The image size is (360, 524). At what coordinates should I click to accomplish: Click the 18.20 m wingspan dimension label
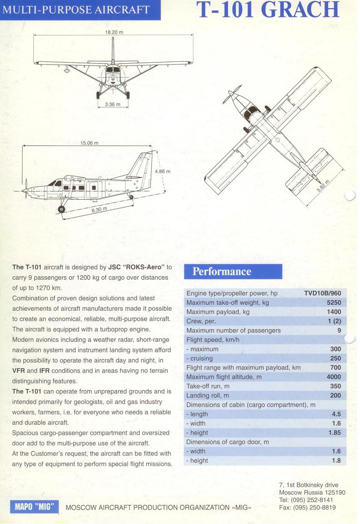(x=114, y=32)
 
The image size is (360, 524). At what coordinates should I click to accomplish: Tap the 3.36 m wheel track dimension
(x=112, y=105)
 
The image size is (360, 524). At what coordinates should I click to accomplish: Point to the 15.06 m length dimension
(x=89, y=143)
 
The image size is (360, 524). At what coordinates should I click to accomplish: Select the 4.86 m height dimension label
(x=162, y=171)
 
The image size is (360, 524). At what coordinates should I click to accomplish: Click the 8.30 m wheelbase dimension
(x=99, y=210)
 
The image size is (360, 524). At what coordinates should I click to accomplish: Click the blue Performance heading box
(x=233, y=272)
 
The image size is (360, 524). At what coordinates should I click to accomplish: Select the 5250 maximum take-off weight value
(x=334, y=302)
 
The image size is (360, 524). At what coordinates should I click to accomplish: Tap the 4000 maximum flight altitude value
(x=334, y=377)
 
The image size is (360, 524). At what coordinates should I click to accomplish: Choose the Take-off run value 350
(x=335, y=386)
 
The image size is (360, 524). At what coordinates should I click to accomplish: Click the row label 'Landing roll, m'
(x=208, y=396)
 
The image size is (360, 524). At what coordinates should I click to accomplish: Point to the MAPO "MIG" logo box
(x=35, y=506)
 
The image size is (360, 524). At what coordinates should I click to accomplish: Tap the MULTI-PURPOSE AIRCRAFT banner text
(x=76, y=10)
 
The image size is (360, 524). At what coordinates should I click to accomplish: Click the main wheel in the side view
(x=61, y=209)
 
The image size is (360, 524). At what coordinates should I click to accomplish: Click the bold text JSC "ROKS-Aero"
(x=137, y=267)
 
